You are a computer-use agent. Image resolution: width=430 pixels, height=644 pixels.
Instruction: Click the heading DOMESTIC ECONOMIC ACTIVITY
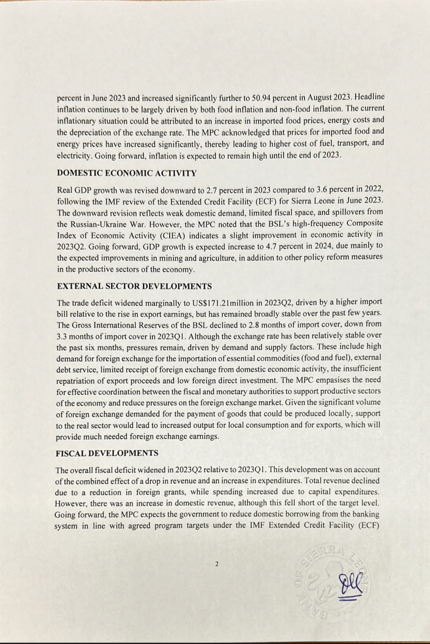click(127, 173)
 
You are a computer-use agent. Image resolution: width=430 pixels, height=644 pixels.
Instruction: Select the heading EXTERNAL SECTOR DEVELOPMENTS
click(134, 286)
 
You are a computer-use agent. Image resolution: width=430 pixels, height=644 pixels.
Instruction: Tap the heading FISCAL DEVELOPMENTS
click(107, 453)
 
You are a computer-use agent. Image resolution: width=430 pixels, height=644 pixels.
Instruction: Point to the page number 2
click(217, 564)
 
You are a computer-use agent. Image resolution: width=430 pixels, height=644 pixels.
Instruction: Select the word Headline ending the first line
click(370, 98)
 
